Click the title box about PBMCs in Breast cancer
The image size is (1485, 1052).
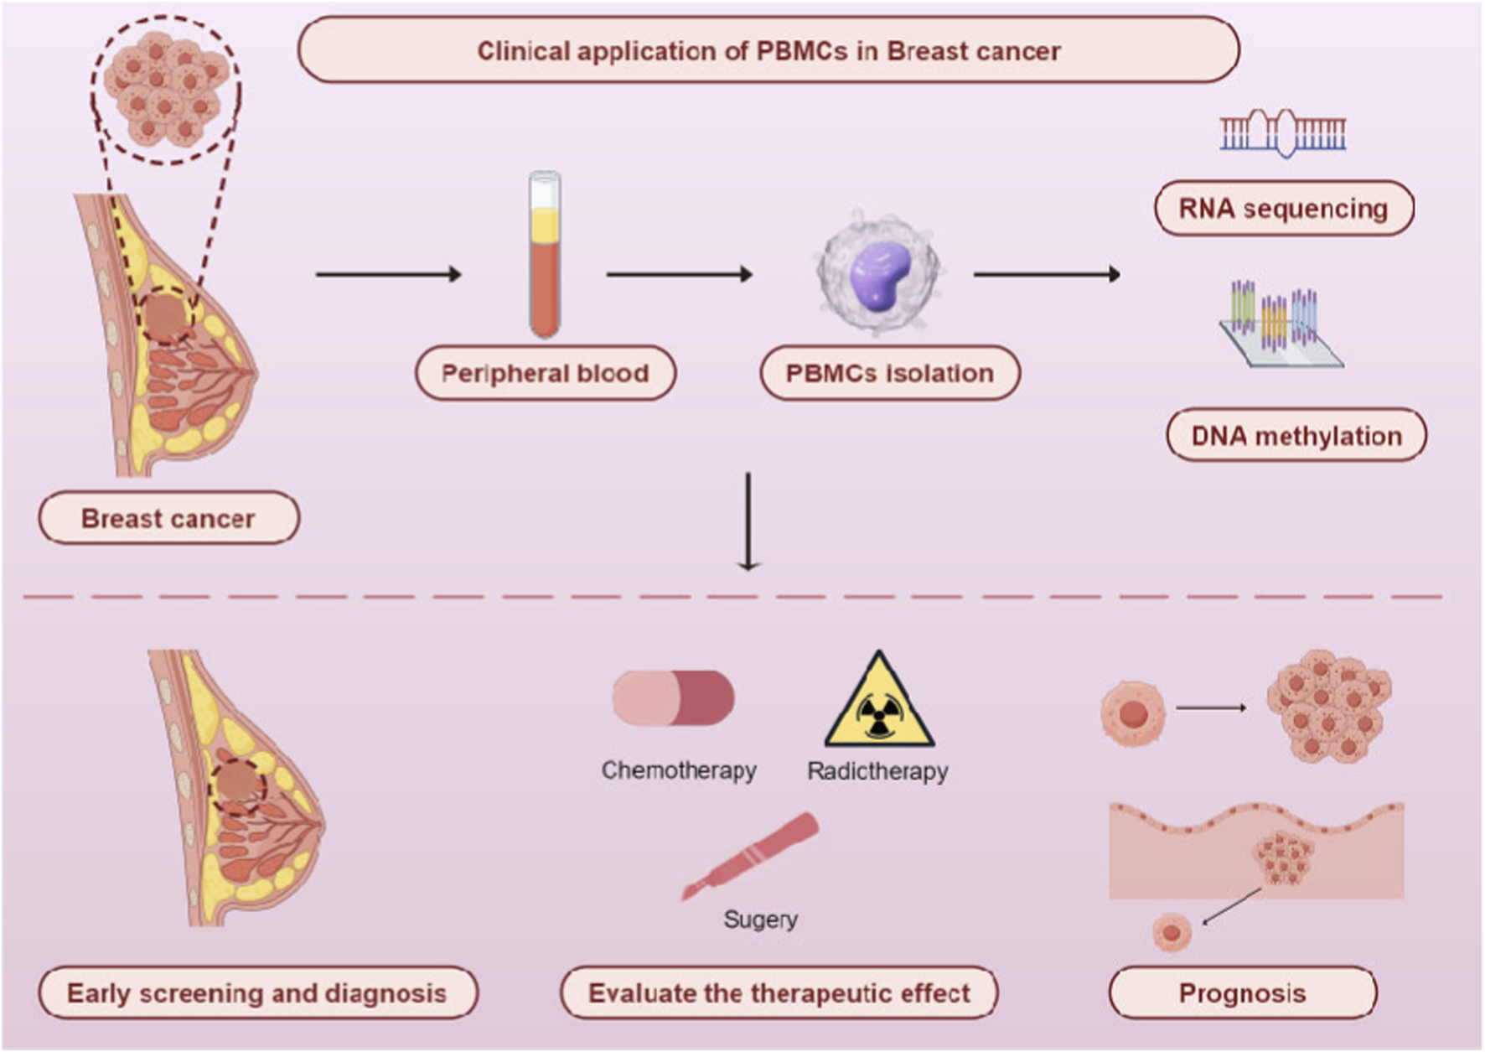coord(768,50)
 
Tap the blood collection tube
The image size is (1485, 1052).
coord(545,256)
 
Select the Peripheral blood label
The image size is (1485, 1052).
coord(546,373)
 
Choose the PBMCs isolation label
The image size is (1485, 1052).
coord(890,373)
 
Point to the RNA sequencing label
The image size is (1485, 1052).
coord(1283,208)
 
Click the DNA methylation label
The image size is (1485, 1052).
coord(1296,436)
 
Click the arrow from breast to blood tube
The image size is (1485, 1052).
coord(388,274)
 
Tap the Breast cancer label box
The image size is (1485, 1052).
coord(168,518)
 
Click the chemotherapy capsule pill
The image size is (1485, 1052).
coord(673,697)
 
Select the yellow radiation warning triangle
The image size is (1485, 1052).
coord(879,704)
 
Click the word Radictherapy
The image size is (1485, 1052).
coord(877,770)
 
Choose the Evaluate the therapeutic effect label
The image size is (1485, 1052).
coord(779,993)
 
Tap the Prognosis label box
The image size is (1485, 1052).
coord(1242,993)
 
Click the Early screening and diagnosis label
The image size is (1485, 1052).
coord(257,993)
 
